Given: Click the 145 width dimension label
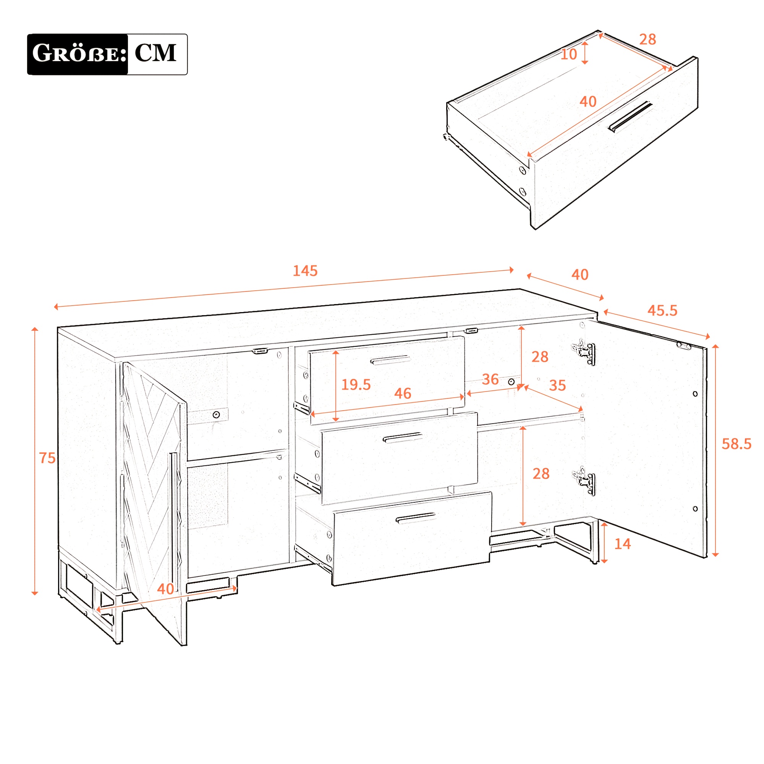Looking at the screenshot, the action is point(305,271).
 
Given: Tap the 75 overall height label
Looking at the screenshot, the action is point(47,458).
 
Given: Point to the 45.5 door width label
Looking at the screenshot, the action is point(662,311).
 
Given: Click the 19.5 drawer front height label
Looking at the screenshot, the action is point(356,384).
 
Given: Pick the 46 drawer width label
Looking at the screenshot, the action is point(403,393).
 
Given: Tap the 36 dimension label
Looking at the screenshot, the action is point(490,379).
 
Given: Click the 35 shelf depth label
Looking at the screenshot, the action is point(558,385).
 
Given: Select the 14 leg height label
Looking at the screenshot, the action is point(622,544).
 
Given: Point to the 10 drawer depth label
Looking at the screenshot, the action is point(569,55).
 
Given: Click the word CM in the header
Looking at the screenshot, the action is point(155,53).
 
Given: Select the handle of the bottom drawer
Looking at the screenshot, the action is point(415,518).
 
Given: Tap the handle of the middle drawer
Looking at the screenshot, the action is point(403,438).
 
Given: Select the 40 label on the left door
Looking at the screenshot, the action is point(165,589).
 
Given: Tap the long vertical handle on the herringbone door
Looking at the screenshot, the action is point(173,521).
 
